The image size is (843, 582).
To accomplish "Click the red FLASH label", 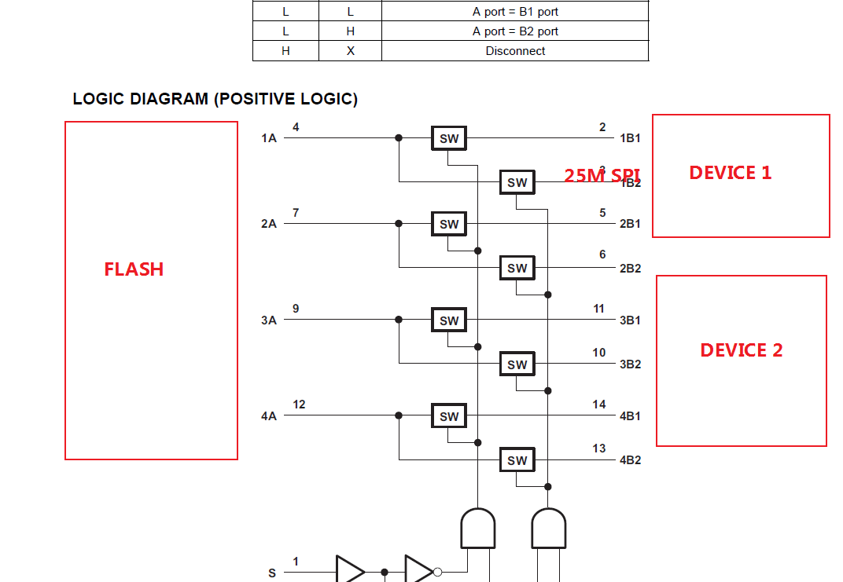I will point(134,269).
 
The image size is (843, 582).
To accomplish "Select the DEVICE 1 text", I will point(730,173).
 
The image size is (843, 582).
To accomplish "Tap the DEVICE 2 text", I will point(741,350).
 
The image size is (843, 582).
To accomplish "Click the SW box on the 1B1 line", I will point(449,139).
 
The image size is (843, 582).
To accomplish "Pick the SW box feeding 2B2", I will point(517,269).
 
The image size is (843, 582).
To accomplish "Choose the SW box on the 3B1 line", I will point(449,320).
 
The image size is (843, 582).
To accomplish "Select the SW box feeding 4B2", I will point(517,461).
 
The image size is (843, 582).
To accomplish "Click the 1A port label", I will point(269,138).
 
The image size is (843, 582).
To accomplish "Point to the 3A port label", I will point(269,320).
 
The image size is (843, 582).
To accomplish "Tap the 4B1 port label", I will point(630,416).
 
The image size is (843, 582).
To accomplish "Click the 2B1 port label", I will point(630,224).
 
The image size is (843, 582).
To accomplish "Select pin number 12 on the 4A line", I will point(299,404).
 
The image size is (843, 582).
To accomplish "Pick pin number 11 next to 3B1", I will point(599,309).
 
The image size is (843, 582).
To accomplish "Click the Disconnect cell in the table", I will point(515,51).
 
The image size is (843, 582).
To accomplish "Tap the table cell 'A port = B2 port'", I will point(515,31).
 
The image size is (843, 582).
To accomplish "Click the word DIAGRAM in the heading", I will point(168,99).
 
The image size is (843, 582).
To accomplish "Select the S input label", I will point(272,573).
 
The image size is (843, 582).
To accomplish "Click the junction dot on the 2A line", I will point(399,224).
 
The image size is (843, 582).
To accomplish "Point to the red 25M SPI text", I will point(602,175).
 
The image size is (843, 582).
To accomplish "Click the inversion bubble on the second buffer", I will point(438,573).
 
